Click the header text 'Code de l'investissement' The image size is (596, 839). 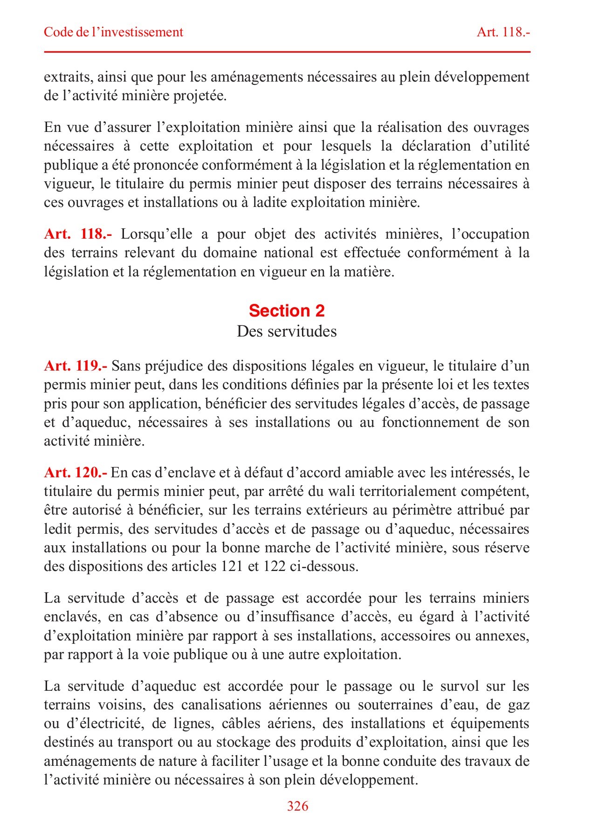pyautogui.click(x=113, y=32)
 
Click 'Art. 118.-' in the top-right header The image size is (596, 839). pyautogui.click(x=504, y=32)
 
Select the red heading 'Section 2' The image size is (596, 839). pyautogui.click(x=287, y=310)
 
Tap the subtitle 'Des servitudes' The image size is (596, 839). pyautogui.click(x=287, y=331)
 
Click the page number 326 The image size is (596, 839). pyautogui.click(x=297, y=806)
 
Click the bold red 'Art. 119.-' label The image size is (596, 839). pyautogui.click(x=75, y=366)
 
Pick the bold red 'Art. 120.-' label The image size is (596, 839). pyautogui.click(x=75, y=473)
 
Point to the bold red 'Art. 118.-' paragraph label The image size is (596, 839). pyautogui.click(x=78, y=234)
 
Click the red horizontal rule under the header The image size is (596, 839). pyautogui.click(x=287, y=52)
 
